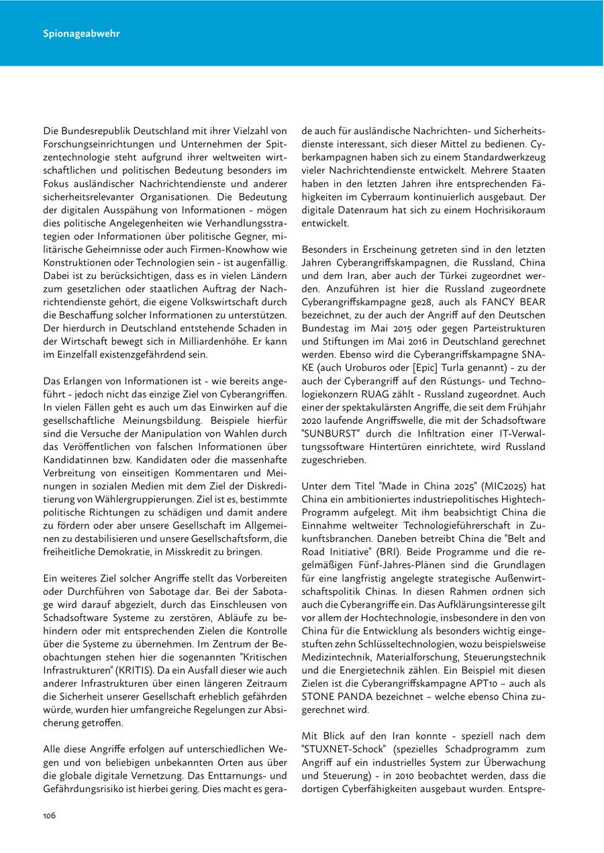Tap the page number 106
pyautogui.click(x=49, y=815)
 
